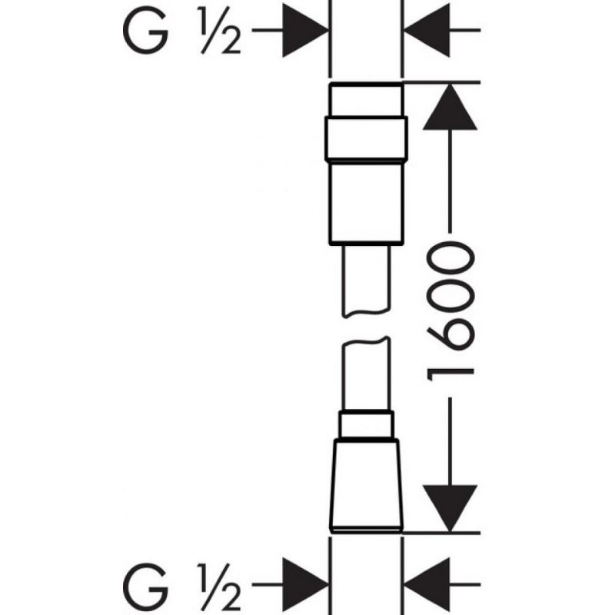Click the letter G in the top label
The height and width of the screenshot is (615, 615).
[x=145, y=30]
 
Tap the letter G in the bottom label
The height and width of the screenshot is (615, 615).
[x=145, y=587]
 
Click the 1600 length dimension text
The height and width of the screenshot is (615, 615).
[x=450, y=311]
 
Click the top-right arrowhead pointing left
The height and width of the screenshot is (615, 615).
[x=427, y=30]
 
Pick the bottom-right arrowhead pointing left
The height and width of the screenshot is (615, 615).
[x=427, y=584]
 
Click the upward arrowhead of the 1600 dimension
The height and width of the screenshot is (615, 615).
[x=450, y=107]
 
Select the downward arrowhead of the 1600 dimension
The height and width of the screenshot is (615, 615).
[x=450, y=508]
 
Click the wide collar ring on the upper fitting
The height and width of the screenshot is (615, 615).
[x=367, y=138]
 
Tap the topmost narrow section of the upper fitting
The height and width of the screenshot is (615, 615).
[x=367, y=100]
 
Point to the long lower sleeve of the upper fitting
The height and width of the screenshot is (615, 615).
[x=367, y=203]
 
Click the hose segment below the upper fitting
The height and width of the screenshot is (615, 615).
[x=367, y=281]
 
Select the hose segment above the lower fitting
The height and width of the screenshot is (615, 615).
[x=367, y=374]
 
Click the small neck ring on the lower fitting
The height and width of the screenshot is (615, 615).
[x=367, y=424]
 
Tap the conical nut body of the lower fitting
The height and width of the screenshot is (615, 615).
[x=367, y=485]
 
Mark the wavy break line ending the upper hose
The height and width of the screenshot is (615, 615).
[x=367, y=314]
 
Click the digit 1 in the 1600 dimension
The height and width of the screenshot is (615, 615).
[x=450, y=374]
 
